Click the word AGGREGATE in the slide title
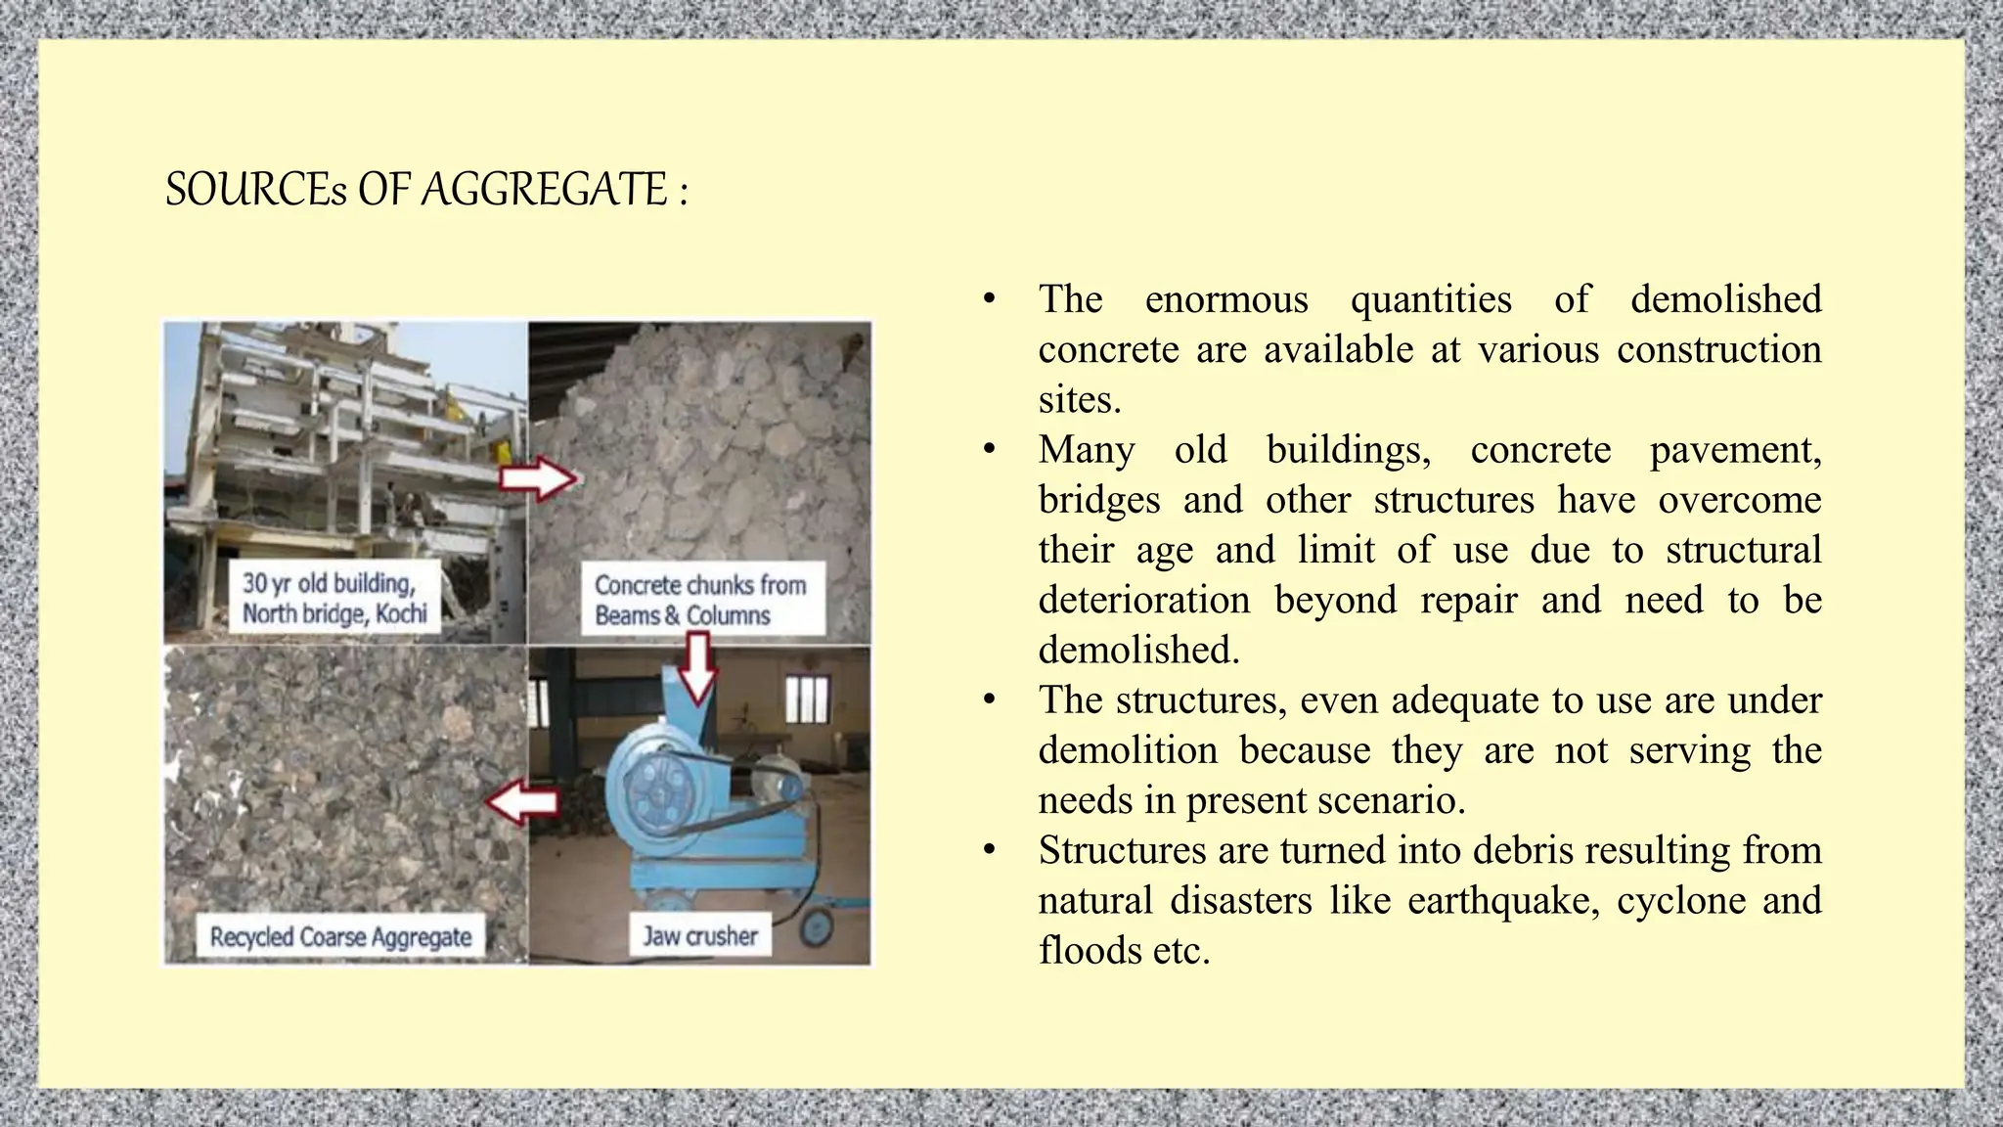[544, 190]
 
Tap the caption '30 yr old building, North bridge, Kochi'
[334, 598]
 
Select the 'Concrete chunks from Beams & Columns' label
[700, 600]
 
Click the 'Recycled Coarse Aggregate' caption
[340, 936]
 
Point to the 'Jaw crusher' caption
[699, 936]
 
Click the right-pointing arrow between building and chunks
[539, 479]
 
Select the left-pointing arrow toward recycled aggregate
[522, 802]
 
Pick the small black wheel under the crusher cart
[815, 928]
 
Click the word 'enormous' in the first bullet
[1226, 299]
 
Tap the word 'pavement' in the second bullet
[1734, 450]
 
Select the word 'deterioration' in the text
[1144, 600]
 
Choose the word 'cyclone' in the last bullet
[1681, 900]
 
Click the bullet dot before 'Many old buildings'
[990, 450]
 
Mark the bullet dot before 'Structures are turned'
[990, 850]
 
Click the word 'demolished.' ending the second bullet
[1139, 650]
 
